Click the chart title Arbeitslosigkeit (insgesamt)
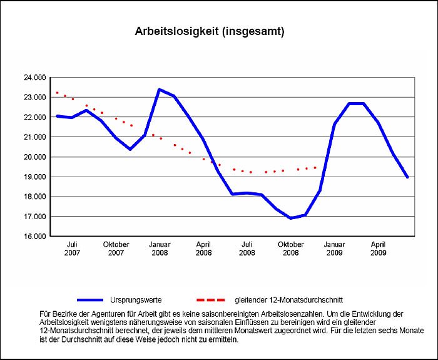click(x=210, y=31)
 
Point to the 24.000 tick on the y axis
click(x=35, y=78)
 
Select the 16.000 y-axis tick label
click(x=35, y=237)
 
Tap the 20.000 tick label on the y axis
click(x=35, y=157)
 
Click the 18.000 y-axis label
click(x=35, y=197)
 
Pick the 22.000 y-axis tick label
click(x=35, y=117)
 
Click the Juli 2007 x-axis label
click(x=72, y=249)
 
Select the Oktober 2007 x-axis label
click(x=116, y=249)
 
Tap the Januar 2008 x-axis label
click(x=160, y=249)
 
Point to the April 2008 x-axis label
click(x=203, y=249)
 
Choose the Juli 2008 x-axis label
click(x=247, y=249)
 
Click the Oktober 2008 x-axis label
click(x=291, y=249)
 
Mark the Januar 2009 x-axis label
click(x=335, y=249)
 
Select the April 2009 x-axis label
click(x=379, y=249)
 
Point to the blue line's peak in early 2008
click(x=159, y=90)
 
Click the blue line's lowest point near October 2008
click(x=290, y=218)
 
